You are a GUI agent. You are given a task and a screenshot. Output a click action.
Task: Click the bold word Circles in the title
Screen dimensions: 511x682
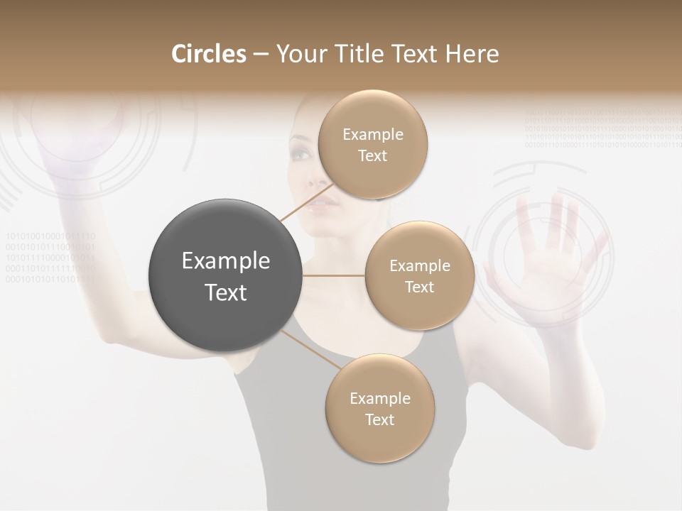[208, 54]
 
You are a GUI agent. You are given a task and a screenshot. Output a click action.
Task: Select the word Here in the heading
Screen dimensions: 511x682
[472, 54]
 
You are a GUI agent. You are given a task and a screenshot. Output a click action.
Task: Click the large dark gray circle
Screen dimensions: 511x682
[226, 275]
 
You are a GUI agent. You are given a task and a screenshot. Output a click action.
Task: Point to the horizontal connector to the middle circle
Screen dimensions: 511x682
[334, 275]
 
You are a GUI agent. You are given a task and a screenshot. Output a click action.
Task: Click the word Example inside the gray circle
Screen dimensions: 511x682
[226, 261]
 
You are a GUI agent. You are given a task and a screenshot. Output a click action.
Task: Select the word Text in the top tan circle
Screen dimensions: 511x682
[372, 156]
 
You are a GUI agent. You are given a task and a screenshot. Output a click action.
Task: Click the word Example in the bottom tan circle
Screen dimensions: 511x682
[379, 398]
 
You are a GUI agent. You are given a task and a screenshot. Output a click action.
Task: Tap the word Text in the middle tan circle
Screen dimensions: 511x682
[419, 287]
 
